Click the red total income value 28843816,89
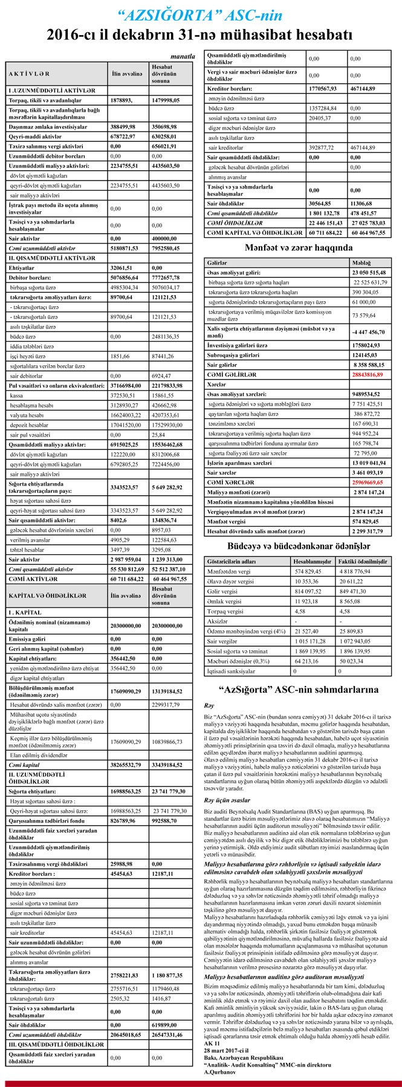tap(374, 374)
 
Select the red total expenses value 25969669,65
tap(374, 483)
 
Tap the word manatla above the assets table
tap(183, 56)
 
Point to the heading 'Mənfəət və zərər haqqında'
tap(299, 248)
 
